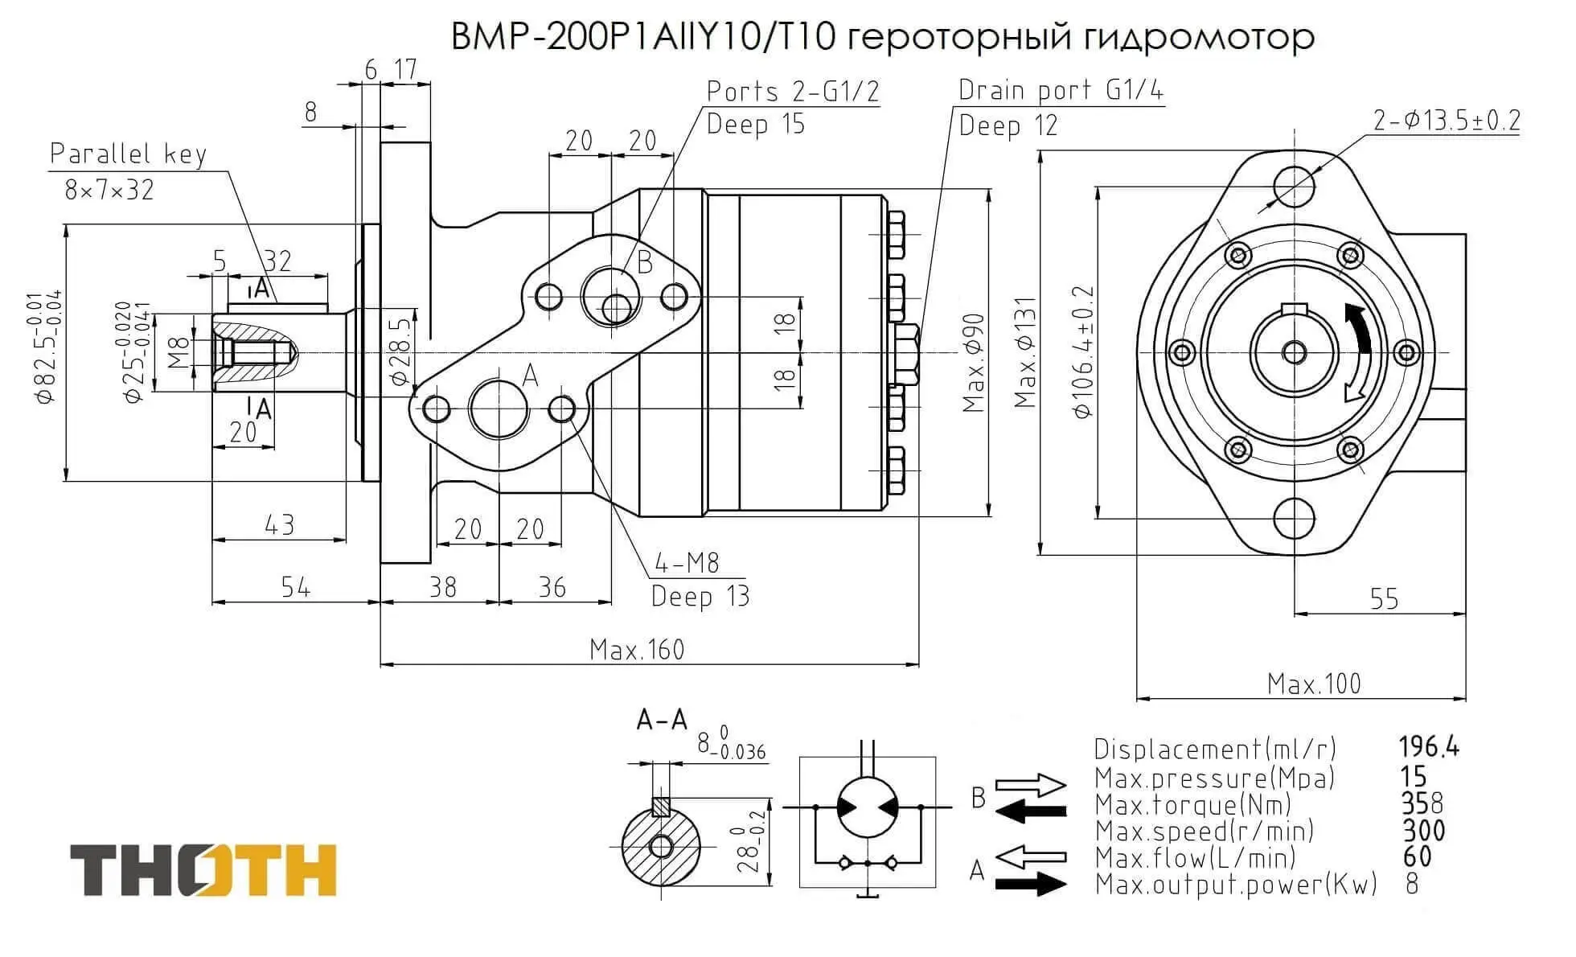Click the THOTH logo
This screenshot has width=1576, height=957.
pos(203,869)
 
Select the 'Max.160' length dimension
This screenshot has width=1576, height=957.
pos(636,649)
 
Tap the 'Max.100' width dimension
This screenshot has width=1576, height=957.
pos(1314,684)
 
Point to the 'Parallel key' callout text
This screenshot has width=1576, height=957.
pos(129,154)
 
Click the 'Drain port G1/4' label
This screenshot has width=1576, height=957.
pos(1061,90)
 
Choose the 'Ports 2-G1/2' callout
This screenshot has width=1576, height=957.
pos(793,92)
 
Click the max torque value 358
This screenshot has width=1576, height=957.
pos(1422,803)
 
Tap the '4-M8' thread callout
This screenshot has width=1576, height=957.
pos(687,563)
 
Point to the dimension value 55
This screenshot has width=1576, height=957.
pos(1384,599)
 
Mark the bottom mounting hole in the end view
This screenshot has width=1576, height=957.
pos(1295,518)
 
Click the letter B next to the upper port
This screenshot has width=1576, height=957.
pos(644,262)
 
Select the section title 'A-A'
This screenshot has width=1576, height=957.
pos(662,720)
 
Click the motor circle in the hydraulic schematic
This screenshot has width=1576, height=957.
pos(868,807)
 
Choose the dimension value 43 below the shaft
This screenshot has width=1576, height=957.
pos(279,525)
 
